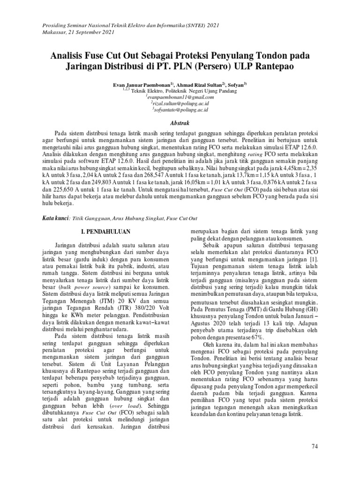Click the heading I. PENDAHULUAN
pyautogui.click(x=105, y=232)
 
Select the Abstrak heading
pyautogui.click(x=180, y=122)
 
